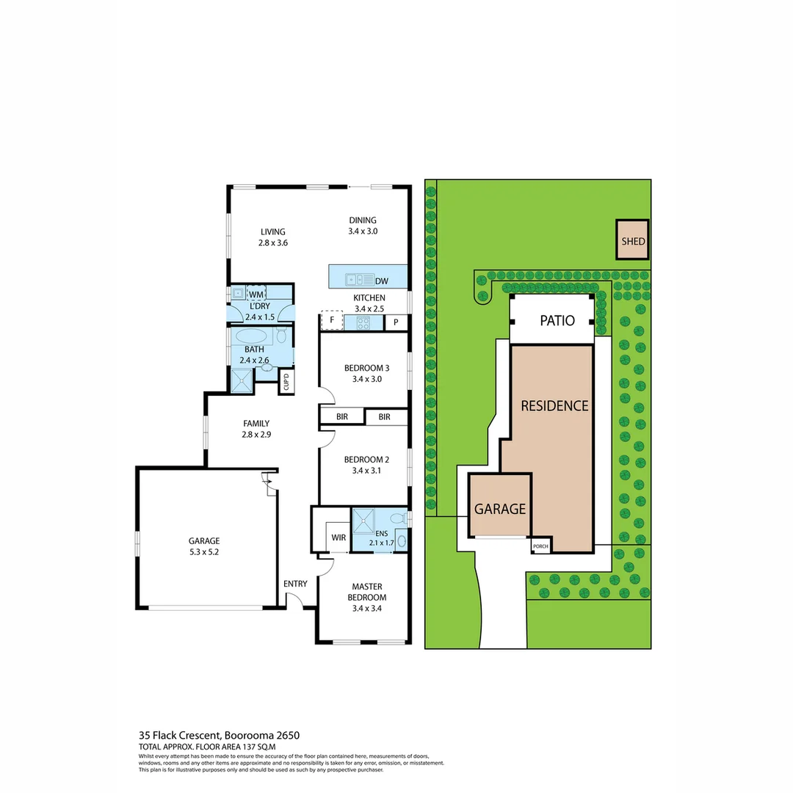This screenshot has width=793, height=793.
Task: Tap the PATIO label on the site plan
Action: click(557, 321)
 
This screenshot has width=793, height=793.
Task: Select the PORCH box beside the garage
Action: click(540, 546)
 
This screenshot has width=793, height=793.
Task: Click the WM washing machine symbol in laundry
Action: click(256, 294)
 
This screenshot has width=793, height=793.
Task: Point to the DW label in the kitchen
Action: click(382, 280)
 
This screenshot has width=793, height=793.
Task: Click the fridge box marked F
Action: click(332, 321)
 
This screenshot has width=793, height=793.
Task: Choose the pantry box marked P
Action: click(396, 322)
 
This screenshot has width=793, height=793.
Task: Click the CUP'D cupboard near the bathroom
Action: click(286, 383)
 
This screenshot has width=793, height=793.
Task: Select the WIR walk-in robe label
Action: click(338, 537)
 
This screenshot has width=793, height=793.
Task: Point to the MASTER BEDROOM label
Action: click(366, 592)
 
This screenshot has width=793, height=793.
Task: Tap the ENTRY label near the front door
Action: click(295, 584)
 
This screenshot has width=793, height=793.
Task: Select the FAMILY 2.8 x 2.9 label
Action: click(256, 429)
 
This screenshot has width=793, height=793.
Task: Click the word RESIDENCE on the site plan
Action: click(554, 405)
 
